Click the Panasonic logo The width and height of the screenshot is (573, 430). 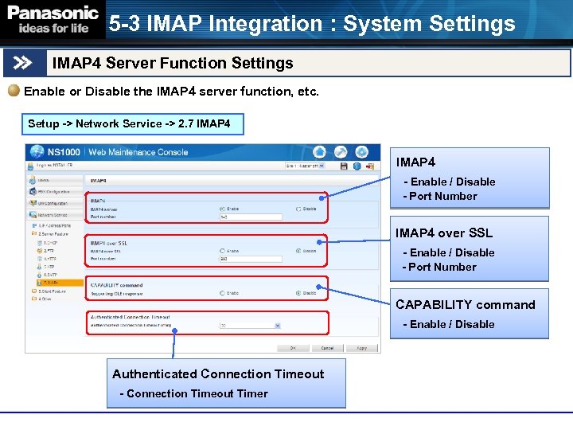(53, 20)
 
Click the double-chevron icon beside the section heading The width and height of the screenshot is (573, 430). (23, 63)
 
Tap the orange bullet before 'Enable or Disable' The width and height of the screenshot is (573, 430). (14, 91)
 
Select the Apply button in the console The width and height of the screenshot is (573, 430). (361, 348)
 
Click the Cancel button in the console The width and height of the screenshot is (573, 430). (327, 348)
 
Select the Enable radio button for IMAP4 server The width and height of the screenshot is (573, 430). (222, 209)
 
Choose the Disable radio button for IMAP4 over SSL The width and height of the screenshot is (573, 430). (298, 251)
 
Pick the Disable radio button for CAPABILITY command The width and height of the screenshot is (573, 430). (298, 293)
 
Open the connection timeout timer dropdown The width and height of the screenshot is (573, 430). (278, 325)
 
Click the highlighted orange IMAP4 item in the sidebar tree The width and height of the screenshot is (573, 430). (56, 282)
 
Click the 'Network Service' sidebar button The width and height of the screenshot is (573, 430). (53, 215)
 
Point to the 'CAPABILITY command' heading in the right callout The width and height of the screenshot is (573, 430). (466, 305)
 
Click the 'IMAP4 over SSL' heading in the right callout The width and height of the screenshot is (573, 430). (444, 233)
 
